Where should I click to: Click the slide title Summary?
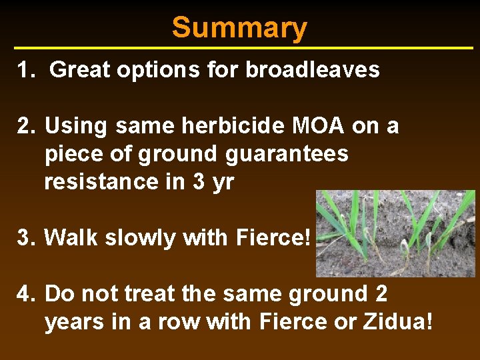[239, 28]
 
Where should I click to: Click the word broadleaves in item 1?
[313, 69]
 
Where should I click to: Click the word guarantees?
[287, 154]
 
